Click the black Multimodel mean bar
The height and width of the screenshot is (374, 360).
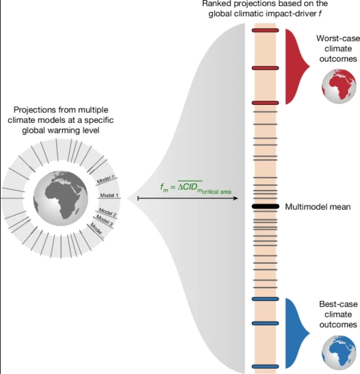tap(265, 207)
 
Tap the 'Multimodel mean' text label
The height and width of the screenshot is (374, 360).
tap(318, 207)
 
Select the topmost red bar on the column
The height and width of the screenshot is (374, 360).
tap(265, 31)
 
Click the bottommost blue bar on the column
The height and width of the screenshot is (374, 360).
tap(265, 367)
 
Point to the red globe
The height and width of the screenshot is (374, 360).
tap(339, 86)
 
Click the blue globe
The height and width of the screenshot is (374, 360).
tap(339, 352)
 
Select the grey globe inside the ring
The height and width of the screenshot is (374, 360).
tap(61, 198)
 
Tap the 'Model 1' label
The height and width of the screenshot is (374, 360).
tap(109, 195)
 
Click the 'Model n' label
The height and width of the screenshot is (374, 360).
tap(106, 179)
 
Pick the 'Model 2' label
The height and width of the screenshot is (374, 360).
tap(107, 212)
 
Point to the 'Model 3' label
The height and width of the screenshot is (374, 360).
tap(104, 220)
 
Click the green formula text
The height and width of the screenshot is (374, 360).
tap(196, 187)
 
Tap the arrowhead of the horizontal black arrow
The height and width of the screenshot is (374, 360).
tap(236, 198)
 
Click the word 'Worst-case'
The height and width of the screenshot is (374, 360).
tap(338, 38)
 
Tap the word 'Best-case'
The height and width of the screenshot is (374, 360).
tap(338, 304)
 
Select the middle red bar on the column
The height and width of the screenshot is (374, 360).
tap(265, 68)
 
